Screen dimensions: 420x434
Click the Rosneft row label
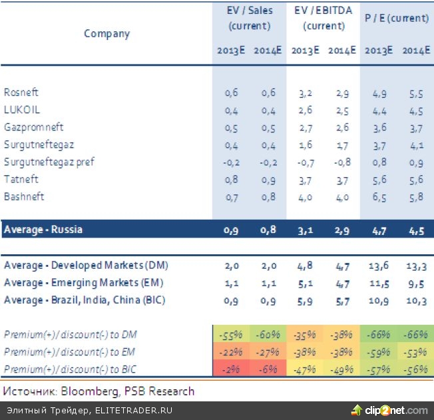point(20,93)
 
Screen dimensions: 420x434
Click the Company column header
point(107,33)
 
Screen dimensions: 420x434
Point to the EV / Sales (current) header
point(249,19)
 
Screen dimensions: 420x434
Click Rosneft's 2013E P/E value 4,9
point(379,93)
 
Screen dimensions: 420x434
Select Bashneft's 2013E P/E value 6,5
point(379,197)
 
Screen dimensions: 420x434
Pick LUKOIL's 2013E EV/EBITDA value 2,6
point(305,110)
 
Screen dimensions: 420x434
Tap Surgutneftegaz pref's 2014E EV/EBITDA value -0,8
point(341,162)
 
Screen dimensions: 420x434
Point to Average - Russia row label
point(43,230)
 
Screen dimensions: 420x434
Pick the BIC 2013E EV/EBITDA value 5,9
point(305,300)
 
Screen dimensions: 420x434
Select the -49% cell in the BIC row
point(341,369)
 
